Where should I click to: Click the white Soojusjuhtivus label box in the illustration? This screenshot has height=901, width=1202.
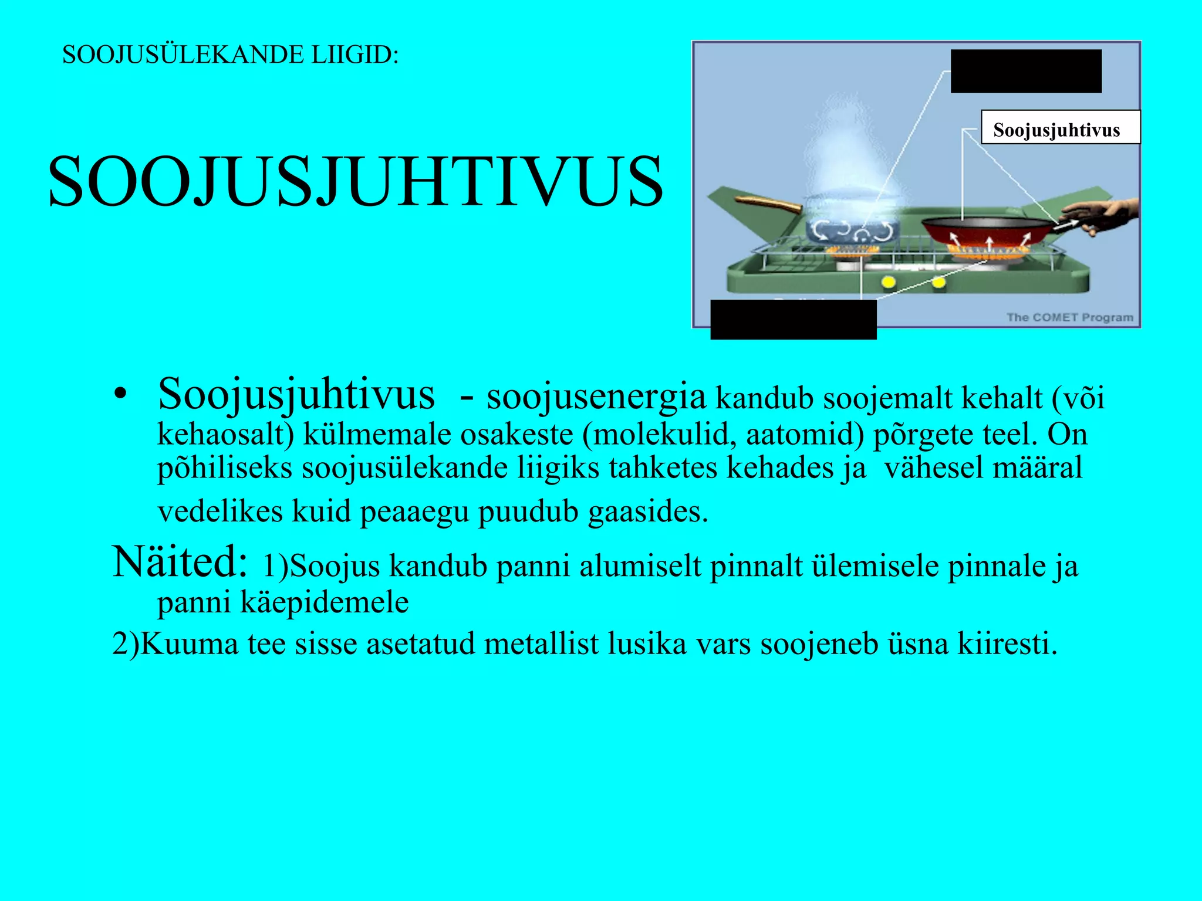pyautogui.click(x=1060, y=127)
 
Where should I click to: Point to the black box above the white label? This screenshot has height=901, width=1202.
pyautogui.click(x=1025, y=71)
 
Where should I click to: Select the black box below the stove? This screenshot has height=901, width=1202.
pyautogui.click(x=793, y=319)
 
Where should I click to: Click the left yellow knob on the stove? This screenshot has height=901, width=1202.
pyautogui.click(x=888, y=283)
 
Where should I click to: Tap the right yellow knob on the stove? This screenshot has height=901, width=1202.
pyautogui.click(x=938, y=283)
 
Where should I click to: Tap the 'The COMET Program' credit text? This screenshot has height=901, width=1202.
pyautogui.click(x=1069, y=317)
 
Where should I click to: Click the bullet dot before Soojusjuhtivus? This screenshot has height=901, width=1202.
pyautogui.click(x=120, y=395)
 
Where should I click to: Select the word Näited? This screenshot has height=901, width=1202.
pyautogui.click(x=180, y=562)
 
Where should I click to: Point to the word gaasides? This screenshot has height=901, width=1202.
pyautogui.click(x=648, y=512)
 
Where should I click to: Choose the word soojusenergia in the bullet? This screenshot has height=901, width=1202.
pyautogui.click(x=596, y=396)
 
